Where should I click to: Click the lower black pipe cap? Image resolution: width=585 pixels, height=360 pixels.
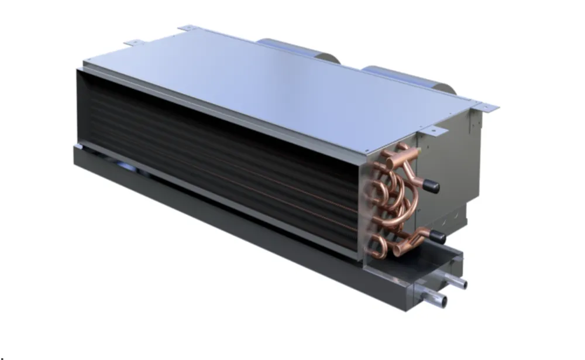tap(438, 238)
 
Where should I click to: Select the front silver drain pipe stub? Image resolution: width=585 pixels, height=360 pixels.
tap(438, 300)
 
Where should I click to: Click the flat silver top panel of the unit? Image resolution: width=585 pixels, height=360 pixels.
tap(281, 88)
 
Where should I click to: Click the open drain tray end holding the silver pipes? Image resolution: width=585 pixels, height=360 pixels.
tap(421, 275)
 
